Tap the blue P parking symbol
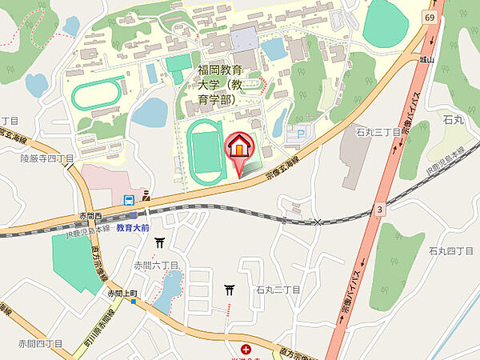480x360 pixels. pos(301,135)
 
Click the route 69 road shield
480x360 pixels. pos(430,16)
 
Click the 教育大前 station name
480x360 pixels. pos(133,228)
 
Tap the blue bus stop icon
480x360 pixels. pos(128,200)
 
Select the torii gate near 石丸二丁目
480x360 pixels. pos(230,290)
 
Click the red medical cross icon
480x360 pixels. pos(246,349)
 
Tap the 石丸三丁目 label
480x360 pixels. pos(378,132)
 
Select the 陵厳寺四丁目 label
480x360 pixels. pos(47,158)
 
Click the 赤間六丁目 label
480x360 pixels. pos(156,265)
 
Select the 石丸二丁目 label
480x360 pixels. pos(278,290)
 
